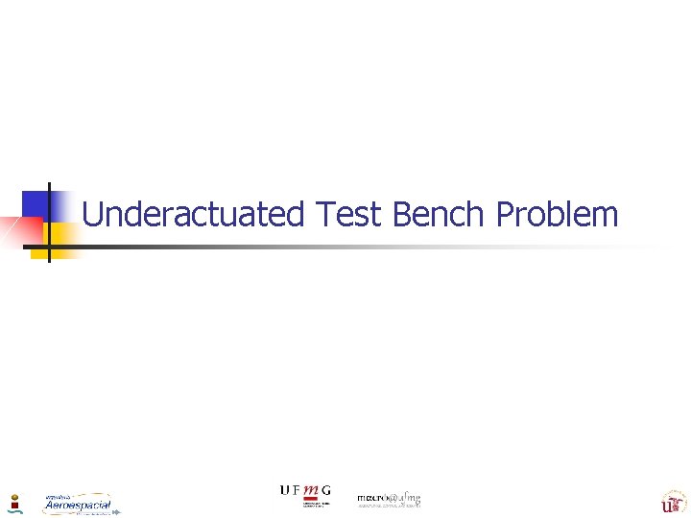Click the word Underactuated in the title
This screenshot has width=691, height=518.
click(x=193, y=214)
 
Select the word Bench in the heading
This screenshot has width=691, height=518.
click(x=440, y=214)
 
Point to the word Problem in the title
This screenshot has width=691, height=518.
click(x=558, y=214)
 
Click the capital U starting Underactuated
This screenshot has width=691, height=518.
click(x=93, y=214)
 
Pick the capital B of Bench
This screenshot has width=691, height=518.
click(x=402, y=214)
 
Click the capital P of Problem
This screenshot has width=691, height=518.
click(x=505, y=214)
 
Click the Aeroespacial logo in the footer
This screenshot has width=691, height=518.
click(x=79, y=505)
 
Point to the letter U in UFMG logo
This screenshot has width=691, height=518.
click(x=284, y=490)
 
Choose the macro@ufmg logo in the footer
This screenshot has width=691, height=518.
click(x=389, y=500)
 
